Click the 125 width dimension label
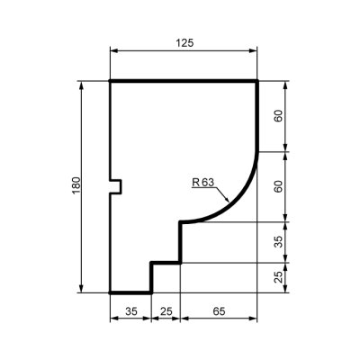(184, 43)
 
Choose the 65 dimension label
(219, 311)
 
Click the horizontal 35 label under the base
(130, 311)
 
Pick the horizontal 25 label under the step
(166, 311)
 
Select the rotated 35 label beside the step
(279, 242)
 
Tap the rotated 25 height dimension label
(279, 277)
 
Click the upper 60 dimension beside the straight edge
(279, 116)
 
